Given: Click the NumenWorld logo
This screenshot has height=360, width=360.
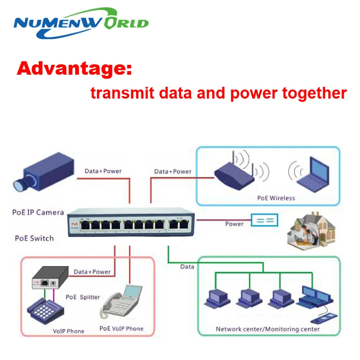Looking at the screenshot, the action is click(x=81, y=22).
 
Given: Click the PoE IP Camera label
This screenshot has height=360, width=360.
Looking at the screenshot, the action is click(x=38, y=212).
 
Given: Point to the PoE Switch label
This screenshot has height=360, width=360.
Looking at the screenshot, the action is click(x=34, y=238).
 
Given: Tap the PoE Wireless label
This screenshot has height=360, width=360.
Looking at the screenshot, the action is click(x=276, y=198).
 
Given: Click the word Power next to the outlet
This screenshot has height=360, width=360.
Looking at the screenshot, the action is click(x=234, y=224).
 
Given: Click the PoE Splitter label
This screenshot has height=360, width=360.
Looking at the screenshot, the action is click(x=83, y=297).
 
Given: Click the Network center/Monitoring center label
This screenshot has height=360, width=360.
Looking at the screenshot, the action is click(x=268, y=329).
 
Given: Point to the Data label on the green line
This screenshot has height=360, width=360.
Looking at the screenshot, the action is click(x=187, y=266).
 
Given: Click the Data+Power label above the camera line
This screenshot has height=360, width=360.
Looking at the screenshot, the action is click(x=103, y=171).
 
